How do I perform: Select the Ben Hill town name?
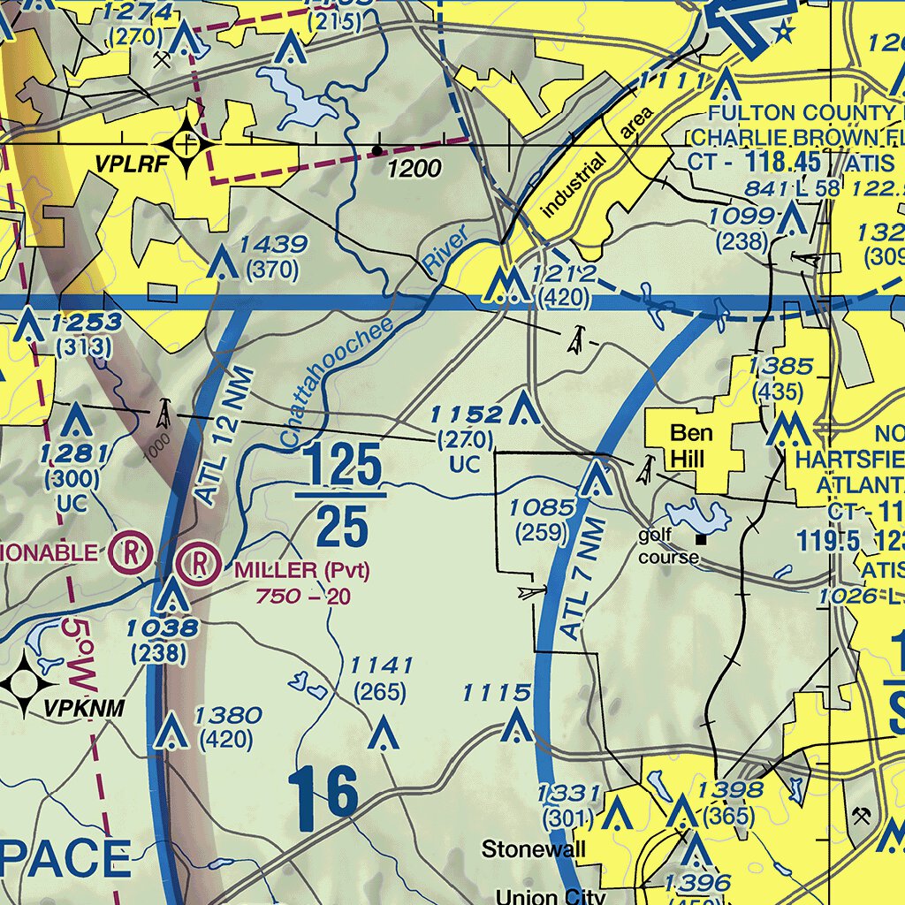(691, 445)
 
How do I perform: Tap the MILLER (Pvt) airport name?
(301, 571)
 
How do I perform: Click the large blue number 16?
(323, 793)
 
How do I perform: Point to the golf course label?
(668, 546)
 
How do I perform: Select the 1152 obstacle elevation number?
(466, 414)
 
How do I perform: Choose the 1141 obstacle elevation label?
(381, 665)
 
